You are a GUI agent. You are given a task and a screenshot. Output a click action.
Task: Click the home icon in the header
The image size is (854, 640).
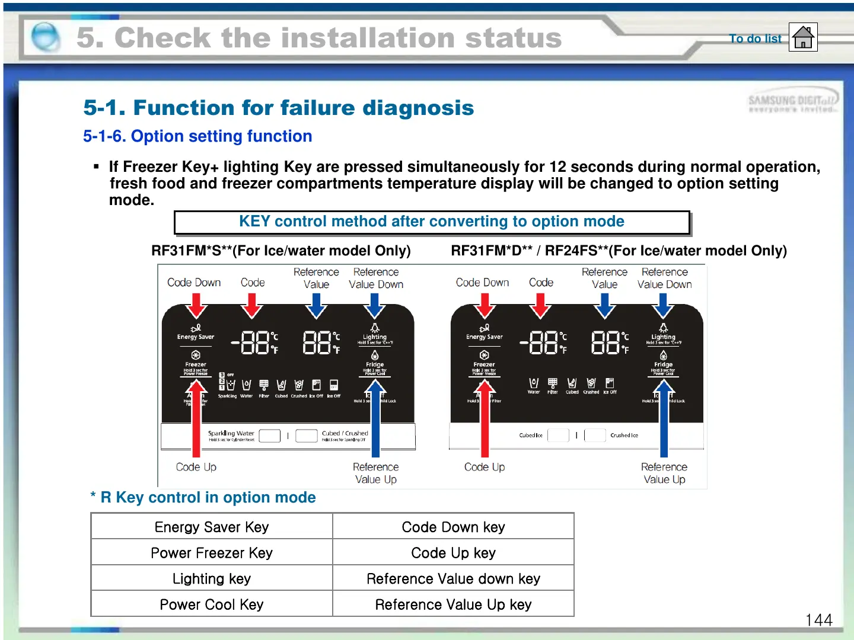803,37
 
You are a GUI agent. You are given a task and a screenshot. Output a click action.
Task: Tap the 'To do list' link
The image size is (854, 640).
755,39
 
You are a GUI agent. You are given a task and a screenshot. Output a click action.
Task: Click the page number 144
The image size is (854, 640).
818,620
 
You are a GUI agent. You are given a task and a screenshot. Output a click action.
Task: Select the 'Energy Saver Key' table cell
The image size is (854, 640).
212,527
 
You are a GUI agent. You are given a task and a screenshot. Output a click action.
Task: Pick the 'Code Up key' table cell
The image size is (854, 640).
453,553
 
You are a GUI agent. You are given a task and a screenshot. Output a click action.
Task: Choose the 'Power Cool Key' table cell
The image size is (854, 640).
212,604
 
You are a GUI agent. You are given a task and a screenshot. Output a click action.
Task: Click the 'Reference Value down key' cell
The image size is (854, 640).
453,578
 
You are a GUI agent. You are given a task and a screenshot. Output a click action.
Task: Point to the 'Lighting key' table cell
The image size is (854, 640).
212,578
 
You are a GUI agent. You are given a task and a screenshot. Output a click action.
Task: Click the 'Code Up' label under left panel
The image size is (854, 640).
196,467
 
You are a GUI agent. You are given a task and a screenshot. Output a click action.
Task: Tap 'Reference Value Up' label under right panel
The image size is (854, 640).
664,473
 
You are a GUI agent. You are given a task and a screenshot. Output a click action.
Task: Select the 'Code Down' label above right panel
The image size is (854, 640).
482,283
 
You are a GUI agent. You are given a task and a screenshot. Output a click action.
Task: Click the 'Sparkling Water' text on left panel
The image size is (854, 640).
231,433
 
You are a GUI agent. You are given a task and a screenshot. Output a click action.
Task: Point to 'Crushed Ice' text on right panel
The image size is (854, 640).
624,435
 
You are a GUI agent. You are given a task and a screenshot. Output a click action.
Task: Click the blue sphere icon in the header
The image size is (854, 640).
45,37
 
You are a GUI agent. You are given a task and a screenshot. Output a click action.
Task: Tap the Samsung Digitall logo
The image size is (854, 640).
792,103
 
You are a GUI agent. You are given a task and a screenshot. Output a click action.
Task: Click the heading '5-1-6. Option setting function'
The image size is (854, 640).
197,136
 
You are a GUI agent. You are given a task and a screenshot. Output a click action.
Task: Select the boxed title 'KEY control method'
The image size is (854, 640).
432,222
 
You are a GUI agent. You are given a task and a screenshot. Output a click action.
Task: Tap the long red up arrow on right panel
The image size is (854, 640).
485,421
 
